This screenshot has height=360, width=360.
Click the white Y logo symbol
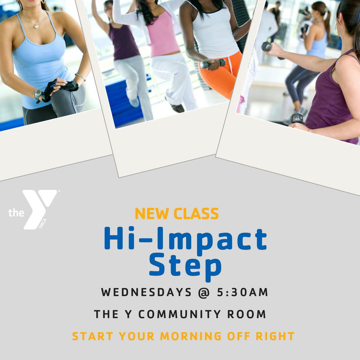(x=40, y=208)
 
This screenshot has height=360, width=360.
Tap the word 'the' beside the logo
(x=16, y=212)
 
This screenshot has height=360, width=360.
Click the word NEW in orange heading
(x=152, y=214)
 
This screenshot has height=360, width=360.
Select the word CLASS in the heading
(x=196, y=214)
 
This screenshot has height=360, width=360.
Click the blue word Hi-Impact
(x=185, y=240)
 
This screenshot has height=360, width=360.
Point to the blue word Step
(x=185, y=266)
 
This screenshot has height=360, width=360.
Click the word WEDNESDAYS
(x=146, y=292)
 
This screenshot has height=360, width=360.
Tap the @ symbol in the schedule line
(x=204, y=292)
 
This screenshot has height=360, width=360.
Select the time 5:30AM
(x=243, y=292)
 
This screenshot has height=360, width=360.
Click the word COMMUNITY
(x=180, y=314)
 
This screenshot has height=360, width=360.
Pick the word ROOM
(x=247, y=314)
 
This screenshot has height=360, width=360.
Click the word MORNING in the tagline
(x=191, y=336)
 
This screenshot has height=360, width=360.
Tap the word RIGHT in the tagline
(x=275, y=336)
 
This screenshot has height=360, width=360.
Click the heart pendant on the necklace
(x=36, y=27)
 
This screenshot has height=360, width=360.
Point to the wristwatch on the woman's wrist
(x=38, y=94)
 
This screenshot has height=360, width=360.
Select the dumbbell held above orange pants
(x=213, y=63)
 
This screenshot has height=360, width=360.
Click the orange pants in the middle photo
(x=220, y=75)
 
